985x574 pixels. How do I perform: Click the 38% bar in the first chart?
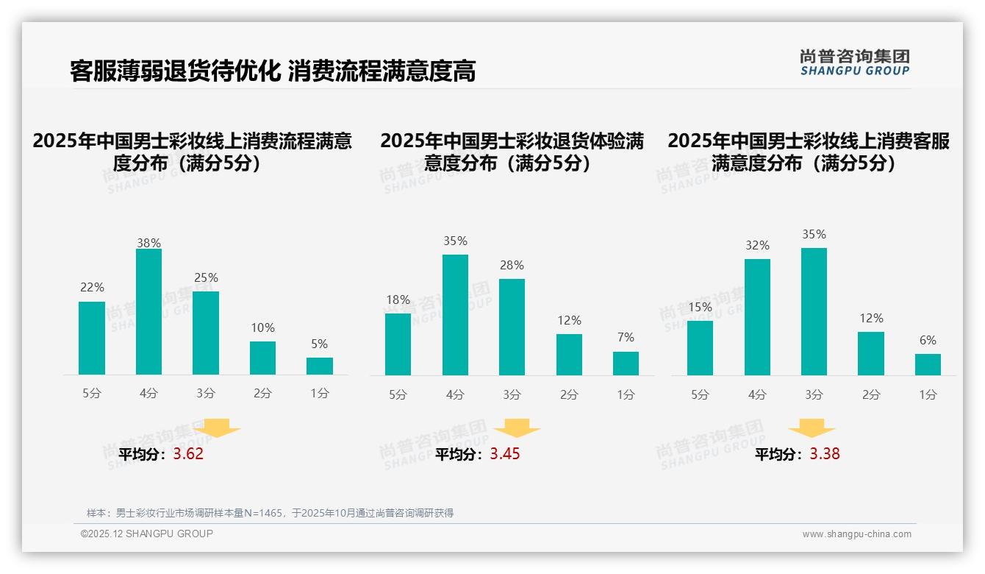[x=148, y=312]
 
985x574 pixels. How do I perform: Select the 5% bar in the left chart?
[x=320, y=366]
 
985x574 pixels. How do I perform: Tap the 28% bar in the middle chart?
[x=512, y=327]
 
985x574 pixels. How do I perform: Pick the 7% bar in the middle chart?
[x=626, y=364]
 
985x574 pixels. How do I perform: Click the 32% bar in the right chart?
[x=757, y=317]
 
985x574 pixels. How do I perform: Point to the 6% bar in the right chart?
[x=928, y=364]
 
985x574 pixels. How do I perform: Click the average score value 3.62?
[x=188, y=454]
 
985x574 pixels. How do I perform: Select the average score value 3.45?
[x=505, y=454]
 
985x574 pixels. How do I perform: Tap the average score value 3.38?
[x=825, y=454]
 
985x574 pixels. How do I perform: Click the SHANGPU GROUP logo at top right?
[x=855, y=63]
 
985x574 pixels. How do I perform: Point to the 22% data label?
[x=92, y=287]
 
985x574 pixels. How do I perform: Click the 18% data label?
[x=398, y=300]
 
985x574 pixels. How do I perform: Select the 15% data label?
[x=700, y=306]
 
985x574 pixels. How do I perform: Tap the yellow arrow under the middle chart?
[x=517, y=428]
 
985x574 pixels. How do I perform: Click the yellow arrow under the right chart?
[x=812, y=428]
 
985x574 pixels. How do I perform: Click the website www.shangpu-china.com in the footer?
[x=856, y=534]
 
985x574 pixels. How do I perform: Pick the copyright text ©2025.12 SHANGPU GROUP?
[x=147, y=534]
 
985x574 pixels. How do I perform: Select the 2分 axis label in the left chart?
[x=262, y=394]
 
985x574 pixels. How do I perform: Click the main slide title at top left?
[x=273, y=71]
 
